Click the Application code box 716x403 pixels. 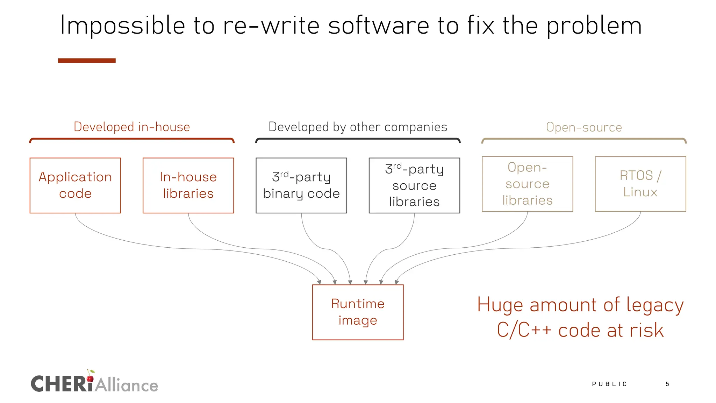pyautogui.click(x=75, y=185)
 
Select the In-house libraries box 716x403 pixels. pyautogui.click(x=188, y=185)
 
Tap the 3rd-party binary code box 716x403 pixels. pyautogui.click(x=301, y=185)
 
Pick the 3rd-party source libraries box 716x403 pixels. pyautogui.click(x=414, y=185)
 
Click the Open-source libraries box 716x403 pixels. pyautogui.click(x=527, y=184)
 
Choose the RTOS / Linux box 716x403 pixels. pyautogui.click(x=640, y=184)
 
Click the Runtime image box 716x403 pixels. pyautogui.click(x=358, y=312)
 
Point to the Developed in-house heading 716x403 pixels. pyautogui.click(x=132, y=127)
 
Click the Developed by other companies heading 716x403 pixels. pyautogui.click(x=358, y=127)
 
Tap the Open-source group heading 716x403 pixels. pyautogui.click(x=584, y=127)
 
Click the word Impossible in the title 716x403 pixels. pyautogui.click(x=122, y=26)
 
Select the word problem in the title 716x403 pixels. pyautogui.click(x=594, y=26)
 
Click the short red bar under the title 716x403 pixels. pyautogui.click(x=87, y=61)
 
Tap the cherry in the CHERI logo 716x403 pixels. pyautogui.click(x=90, y=378)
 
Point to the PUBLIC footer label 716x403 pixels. pyautogui.click(x=609, y=384)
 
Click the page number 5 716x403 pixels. pyautogui.click(x=667, y=384)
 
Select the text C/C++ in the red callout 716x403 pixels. pyautogui.click(x=524, y=330)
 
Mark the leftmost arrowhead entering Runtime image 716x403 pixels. pyautogui.click(x=319, y=282)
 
